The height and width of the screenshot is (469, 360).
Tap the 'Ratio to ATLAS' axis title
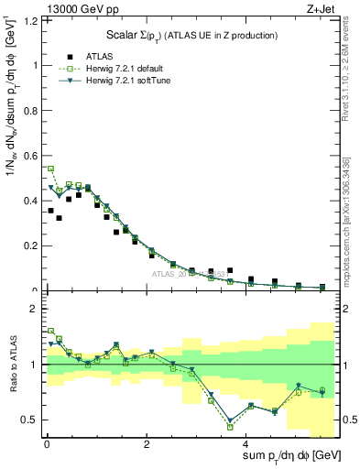point(12,366)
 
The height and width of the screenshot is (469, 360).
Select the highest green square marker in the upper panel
point(50,169)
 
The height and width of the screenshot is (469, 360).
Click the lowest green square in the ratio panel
point(230,427)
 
